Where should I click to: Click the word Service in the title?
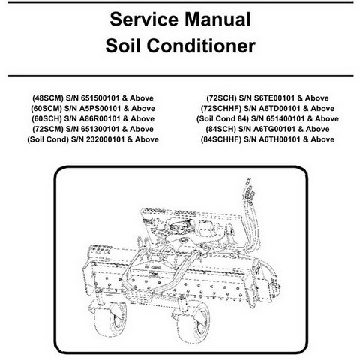coord(144,19)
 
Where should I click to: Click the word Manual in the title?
coord(217,19)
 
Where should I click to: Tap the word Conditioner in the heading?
coord(201,46)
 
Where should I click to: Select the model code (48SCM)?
coord(48,98)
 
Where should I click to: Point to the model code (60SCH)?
coord(46,118)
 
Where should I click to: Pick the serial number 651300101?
coord(100,129)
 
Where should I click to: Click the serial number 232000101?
coord(105,139)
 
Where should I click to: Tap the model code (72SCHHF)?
coord(221,109)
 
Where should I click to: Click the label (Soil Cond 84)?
coord(223,118)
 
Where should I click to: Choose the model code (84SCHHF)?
coord(221,139)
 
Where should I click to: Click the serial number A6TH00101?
coord(280,139)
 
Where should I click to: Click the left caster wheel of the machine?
coord(111,318)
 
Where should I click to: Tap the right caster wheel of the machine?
coord(193,322)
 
